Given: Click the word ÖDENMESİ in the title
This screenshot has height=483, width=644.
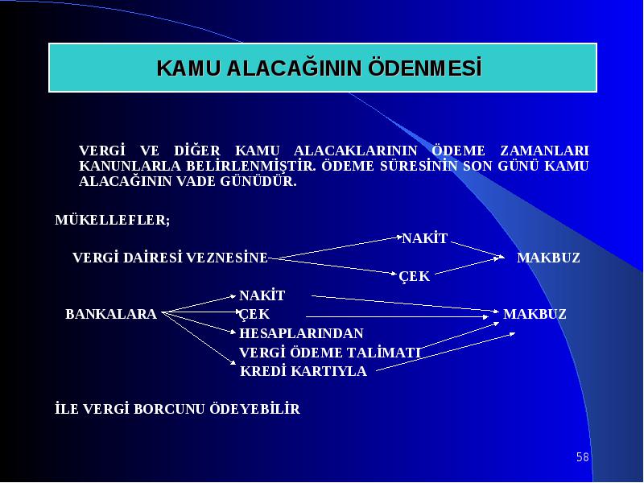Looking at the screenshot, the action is [425, 68].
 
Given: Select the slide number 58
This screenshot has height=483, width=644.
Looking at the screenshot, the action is [582, 456].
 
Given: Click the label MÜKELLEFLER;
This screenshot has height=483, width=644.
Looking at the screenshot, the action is [113, 220].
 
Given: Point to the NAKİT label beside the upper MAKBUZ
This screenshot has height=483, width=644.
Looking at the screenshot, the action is [425, 238].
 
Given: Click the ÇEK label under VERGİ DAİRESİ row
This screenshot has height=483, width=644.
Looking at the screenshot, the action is [415, 276].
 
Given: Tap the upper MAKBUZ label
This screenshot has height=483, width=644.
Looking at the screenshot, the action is [548, 258].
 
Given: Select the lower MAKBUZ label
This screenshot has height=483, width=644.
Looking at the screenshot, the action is [535, 314].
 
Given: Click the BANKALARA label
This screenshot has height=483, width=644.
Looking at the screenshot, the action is [111, 314].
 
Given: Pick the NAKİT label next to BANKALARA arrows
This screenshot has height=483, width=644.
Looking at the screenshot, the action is [262, 295].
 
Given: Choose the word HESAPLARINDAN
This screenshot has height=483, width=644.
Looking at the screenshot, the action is [301, 333].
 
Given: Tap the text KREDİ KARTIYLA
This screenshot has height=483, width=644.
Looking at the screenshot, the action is [303, 371].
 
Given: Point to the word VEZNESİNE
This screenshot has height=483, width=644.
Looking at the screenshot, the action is [227, 258].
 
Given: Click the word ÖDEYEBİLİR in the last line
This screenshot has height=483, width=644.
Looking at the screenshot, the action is [255, 409].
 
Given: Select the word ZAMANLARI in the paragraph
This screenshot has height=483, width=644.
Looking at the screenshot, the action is [544, 151].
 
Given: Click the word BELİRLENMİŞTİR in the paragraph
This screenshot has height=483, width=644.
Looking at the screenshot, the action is [251, 166].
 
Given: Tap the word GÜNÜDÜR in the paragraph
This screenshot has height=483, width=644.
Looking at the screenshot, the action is [258, 180].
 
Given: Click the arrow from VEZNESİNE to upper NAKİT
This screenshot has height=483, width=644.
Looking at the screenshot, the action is [335, 247].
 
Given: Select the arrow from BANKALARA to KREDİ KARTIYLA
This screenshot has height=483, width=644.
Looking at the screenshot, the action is [199, 338].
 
